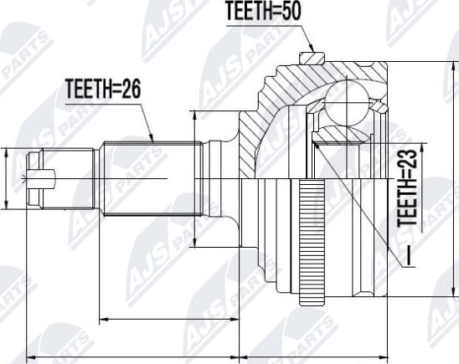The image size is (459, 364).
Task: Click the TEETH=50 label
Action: pos(264,12)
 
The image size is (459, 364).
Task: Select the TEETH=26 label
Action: pos(103,89)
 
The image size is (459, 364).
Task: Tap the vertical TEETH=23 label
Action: pos(407,188)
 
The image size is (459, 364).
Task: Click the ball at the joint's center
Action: pos(347,104)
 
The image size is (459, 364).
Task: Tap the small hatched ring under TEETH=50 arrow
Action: pos(312,58)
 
